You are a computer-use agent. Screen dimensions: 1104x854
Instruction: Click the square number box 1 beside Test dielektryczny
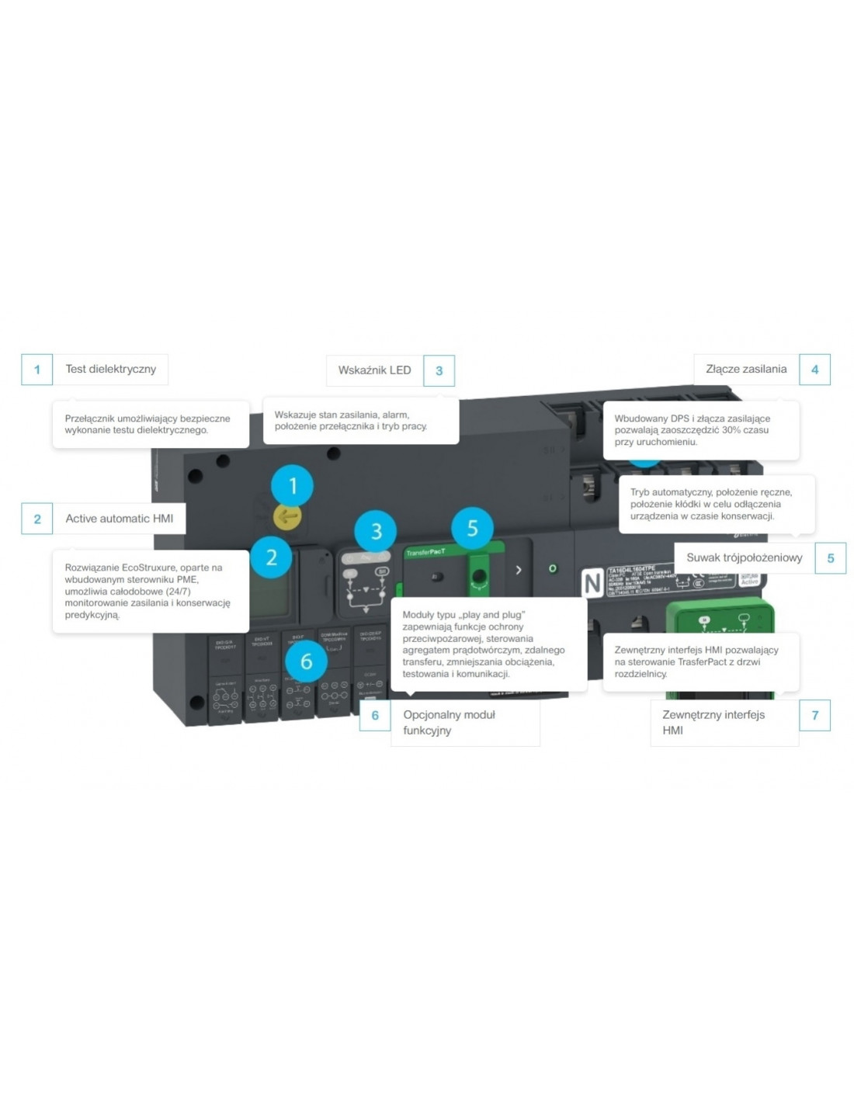click(36, 370)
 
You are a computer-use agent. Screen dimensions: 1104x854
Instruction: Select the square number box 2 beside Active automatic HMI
click(36, 519)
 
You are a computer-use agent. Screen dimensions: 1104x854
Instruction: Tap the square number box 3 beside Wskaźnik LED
click(439, 371)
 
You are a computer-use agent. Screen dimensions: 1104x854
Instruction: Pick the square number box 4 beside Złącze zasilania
click(814, 370)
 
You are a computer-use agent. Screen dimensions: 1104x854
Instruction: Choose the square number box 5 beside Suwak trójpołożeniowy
click(830, 558)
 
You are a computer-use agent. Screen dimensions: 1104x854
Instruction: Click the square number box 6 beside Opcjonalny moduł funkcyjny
click(375, 715)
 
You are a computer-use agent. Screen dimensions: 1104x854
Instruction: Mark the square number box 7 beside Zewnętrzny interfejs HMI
click(814, 715)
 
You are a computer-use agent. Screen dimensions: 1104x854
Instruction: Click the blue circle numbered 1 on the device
click(293, 486)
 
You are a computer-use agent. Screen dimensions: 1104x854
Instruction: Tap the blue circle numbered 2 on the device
click(271, 557)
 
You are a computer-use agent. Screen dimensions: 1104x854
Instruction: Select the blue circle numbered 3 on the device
click(376, 532)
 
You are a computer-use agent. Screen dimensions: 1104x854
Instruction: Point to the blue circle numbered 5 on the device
click(472, 529)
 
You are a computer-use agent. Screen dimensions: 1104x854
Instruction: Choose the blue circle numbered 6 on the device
click(306, 661)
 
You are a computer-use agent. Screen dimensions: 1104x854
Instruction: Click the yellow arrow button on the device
click(287, 516)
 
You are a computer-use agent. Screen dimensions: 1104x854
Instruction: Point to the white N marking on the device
click(593, 582)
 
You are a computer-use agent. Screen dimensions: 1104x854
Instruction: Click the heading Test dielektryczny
click(110, 370)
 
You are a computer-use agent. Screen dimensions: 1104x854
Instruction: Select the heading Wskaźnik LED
click(374, 370)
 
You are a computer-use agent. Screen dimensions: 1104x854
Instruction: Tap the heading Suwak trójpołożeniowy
click(744, 558)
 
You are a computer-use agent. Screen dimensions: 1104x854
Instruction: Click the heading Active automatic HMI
click(119, 519)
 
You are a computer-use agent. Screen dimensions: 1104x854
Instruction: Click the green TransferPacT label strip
click(427, 552)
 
